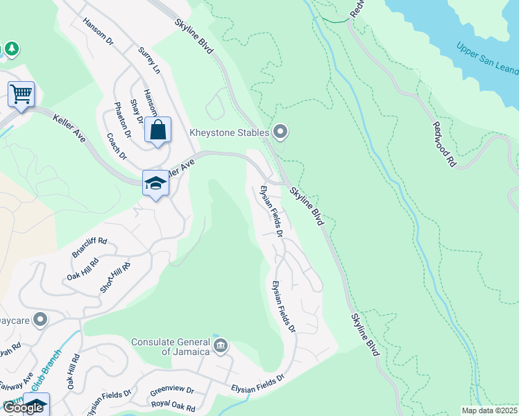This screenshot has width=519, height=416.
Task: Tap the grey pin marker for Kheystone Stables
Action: (280, 131)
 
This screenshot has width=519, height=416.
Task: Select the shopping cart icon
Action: (21, 93)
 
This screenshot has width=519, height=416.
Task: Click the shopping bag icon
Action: (158, 129)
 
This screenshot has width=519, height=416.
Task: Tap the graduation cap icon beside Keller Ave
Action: (155, 183)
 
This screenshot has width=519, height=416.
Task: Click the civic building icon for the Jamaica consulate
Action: (221, 346)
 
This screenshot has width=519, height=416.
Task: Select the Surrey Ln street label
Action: (149, 61)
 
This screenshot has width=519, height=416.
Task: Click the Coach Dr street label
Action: (114, 146)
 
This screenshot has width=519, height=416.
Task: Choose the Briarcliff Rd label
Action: (90, 247)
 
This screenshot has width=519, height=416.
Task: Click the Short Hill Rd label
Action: (114, 277)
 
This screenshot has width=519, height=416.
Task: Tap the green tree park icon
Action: (12, 49)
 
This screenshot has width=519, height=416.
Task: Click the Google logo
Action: (23, 408)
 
